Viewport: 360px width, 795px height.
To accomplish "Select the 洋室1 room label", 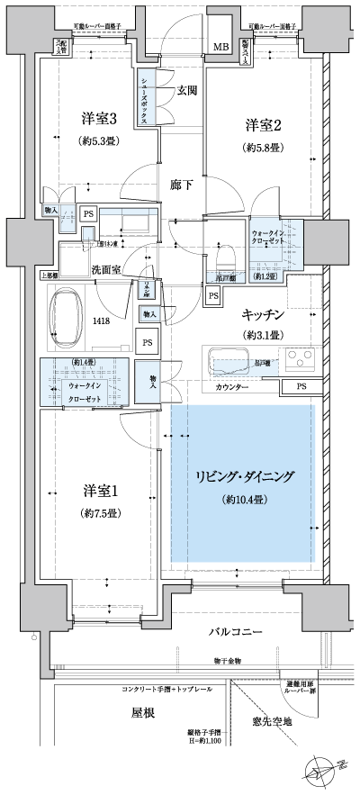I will pos(103,491).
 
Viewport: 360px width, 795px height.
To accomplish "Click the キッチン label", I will pos(263,314).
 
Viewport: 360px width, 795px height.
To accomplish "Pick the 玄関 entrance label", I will pos(186,90).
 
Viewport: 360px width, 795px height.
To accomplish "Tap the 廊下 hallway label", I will pos(181,184).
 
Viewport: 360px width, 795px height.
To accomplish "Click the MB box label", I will pos(220,47).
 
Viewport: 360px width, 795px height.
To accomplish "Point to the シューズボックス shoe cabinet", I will pos(145,95).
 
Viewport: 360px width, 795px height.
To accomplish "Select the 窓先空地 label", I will pos(274,719).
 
